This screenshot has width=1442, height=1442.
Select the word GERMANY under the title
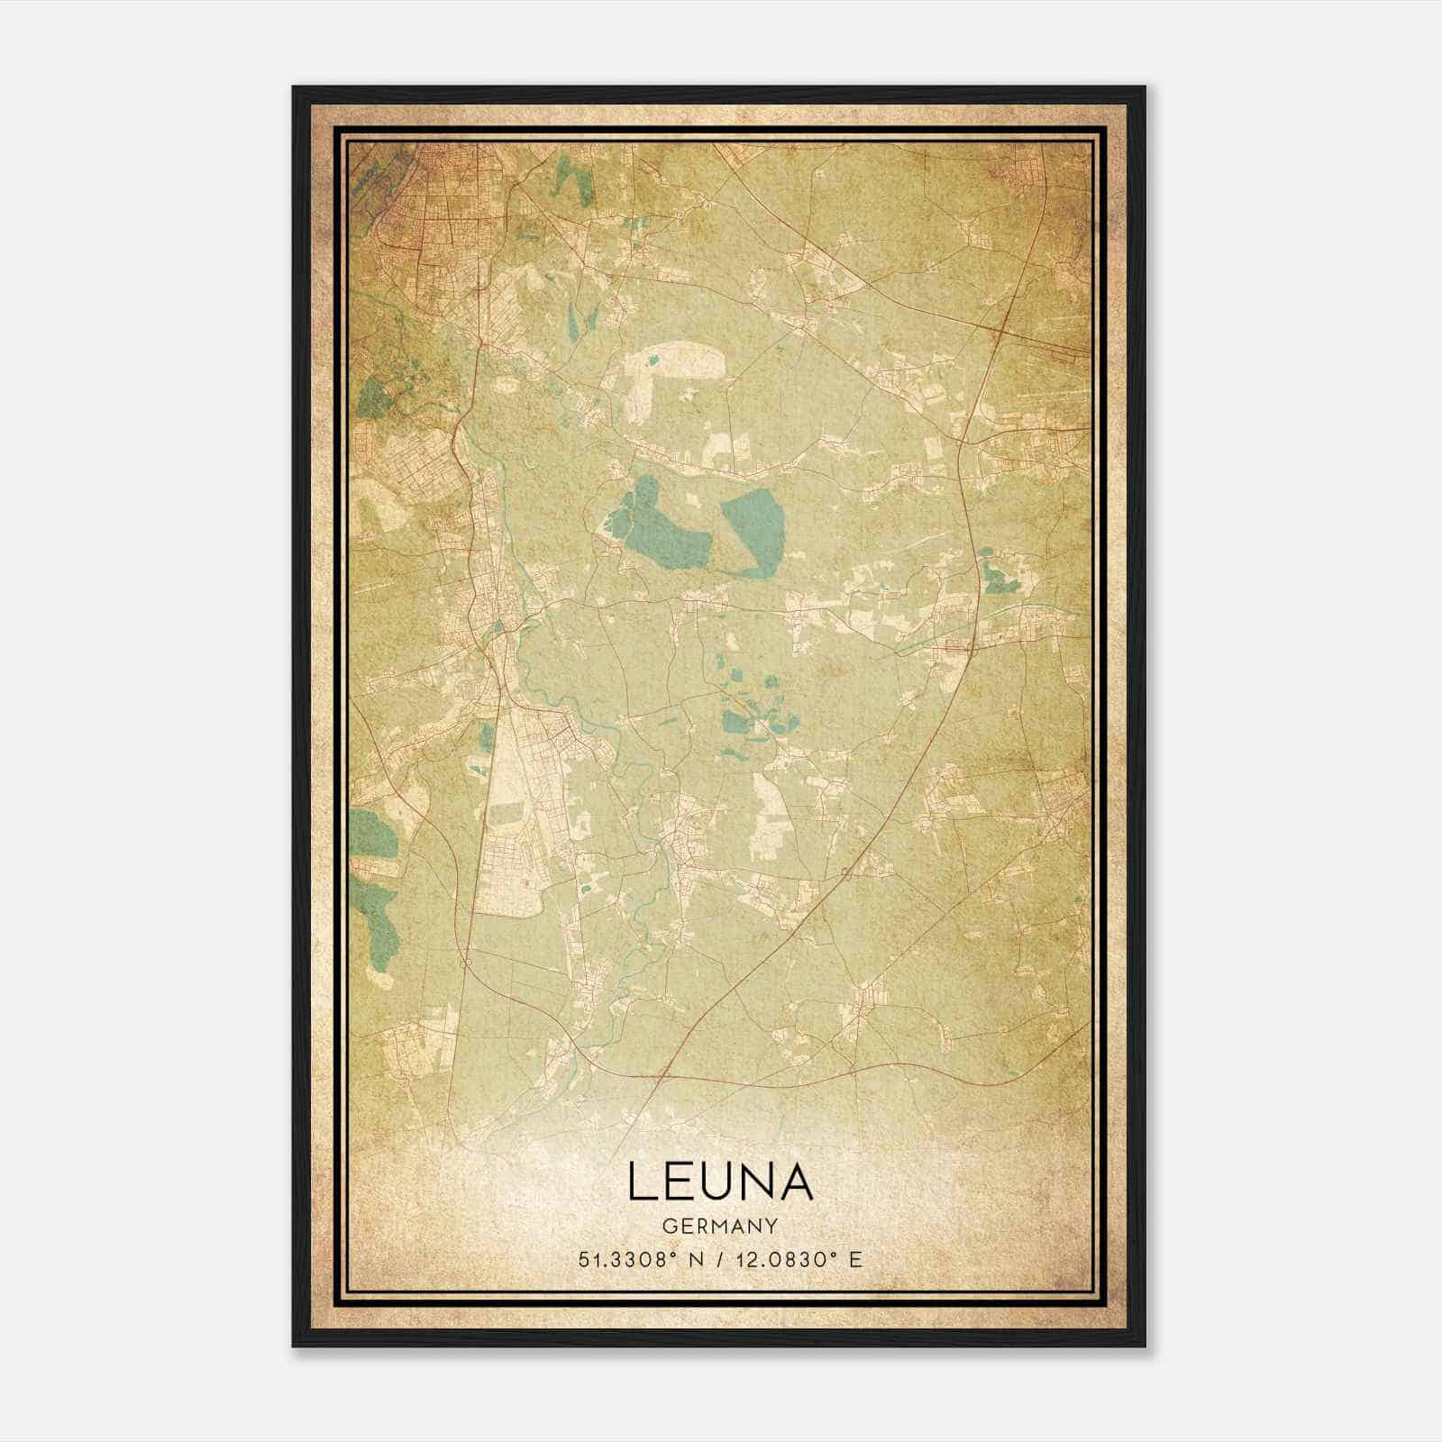719,1227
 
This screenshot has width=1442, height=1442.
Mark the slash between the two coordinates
721,1259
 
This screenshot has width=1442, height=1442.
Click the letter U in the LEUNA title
718,1182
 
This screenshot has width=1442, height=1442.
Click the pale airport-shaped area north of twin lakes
676,365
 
